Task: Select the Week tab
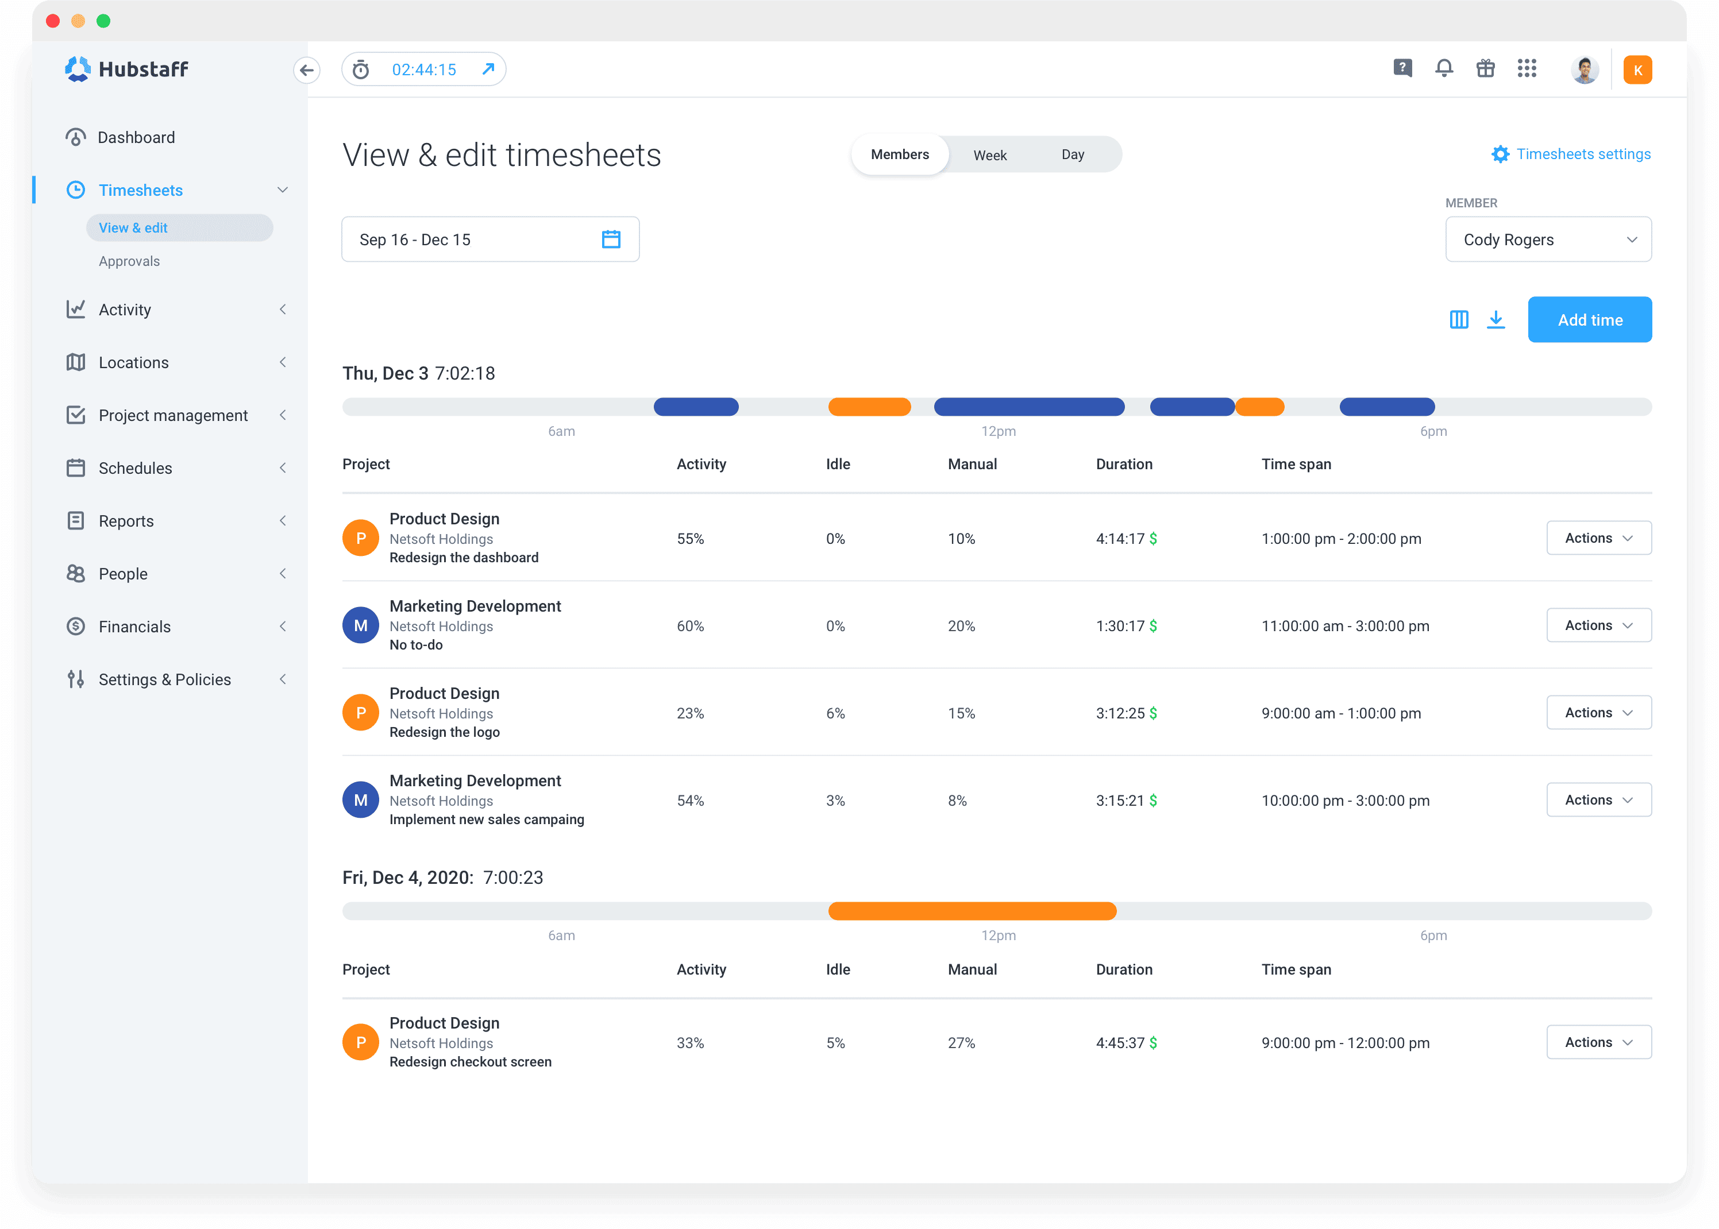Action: [989, 155]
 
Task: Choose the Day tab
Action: [1072, 155]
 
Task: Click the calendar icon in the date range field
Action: [611, 240]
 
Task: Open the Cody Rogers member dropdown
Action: [1547, 240]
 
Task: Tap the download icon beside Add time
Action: [1495, 319]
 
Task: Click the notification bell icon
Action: [1443, 69]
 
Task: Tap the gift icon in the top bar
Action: [1485, 69]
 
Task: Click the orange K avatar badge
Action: [1637, 71]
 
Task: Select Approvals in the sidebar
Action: [129, 261]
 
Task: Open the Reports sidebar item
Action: [126, 521]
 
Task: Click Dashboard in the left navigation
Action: [136, 138]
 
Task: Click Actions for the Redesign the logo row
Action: [1598, 713]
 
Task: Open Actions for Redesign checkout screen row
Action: [1598, 1042]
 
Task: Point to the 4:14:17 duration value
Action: [1120, 539]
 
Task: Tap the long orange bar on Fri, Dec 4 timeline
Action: [972, 911]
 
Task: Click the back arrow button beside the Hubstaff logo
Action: [307, 71]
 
